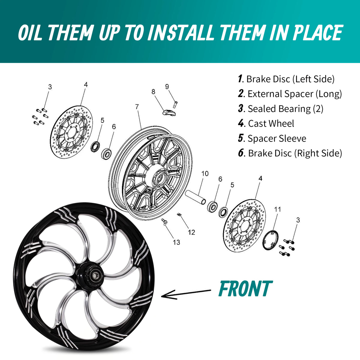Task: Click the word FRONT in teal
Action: point(245,291)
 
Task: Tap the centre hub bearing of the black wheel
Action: point(96,275)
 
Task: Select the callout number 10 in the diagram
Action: point(205,174)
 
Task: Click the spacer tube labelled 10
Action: point(195,197)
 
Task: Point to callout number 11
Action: point(277,209)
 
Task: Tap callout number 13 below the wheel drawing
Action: point(176,242)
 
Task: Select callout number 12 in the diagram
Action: point(191,232)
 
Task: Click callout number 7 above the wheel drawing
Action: point(137,107)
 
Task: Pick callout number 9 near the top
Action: point(167,86)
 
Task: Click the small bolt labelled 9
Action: point(175,104)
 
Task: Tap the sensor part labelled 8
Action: point(169,112)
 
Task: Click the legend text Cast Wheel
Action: point(271,124)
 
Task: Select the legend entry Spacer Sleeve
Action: point(277,138)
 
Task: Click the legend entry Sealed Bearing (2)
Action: point(286,109)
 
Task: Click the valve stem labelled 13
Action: point(164,222)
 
